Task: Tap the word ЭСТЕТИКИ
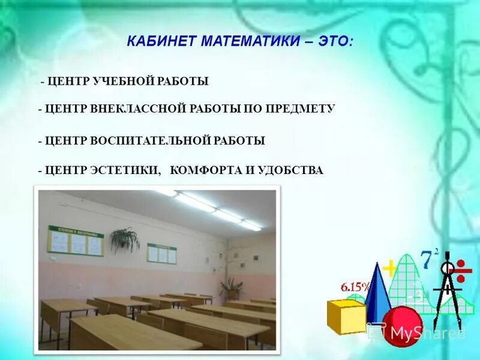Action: tap(126, 170)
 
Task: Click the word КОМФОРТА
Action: tap(204, 170)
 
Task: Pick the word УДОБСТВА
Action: tap(291, 170)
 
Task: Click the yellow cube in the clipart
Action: tap(346, 315)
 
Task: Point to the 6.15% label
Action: tap(356, 287)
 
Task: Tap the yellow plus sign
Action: tap(391, 267)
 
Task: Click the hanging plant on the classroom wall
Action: tap(125, 239)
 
